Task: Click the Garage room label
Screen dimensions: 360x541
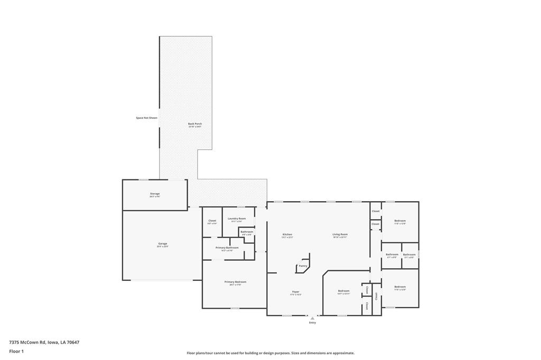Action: click(x=162, y=244)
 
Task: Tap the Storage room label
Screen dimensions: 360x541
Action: click(x=154, y=194)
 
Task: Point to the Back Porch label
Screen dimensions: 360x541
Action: click(x=195, y=124)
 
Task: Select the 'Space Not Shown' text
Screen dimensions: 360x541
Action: click(x=146, y=118)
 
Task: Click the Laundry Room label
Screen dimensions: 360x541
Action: click(x=237, y=219)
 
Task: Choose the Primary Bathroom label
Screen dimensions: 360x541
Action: click(x=227, y=248)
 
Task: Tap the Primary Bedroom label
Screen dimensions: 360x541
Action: click(x=235, y=282)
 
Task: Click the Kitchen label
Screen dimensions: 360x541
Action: click(x=287, y=234)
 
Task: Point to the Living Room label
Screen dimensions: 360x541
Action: click(x=340, y=234)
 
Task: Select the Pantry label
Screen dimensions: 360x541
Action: click(x=303, y=266)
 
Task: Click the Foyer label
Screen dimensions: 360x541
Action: click(x=296, y=291)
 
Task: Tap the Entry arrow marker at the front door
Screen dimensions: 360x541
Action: click(x=312, y=318)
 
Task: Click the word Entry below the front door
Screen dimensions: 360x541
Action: click(x=312, y=323)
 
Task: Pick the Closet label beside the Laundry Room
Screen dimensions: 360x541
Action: click(x=212, y=221)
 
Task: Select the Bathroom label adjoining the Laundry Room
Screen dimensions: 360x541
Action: click(x=247, y=232)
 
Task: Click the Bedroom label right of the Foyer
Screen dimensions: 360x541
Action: click(x=343, y=291)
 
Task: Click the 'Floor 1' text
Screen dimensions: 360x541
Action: click(x=17, y=351)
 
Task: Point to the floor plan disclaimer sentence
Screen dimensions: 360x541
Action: click(x=270, y=353)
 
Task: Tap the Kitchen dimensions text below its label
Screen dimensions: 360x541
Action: click(x=287, y=238)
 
